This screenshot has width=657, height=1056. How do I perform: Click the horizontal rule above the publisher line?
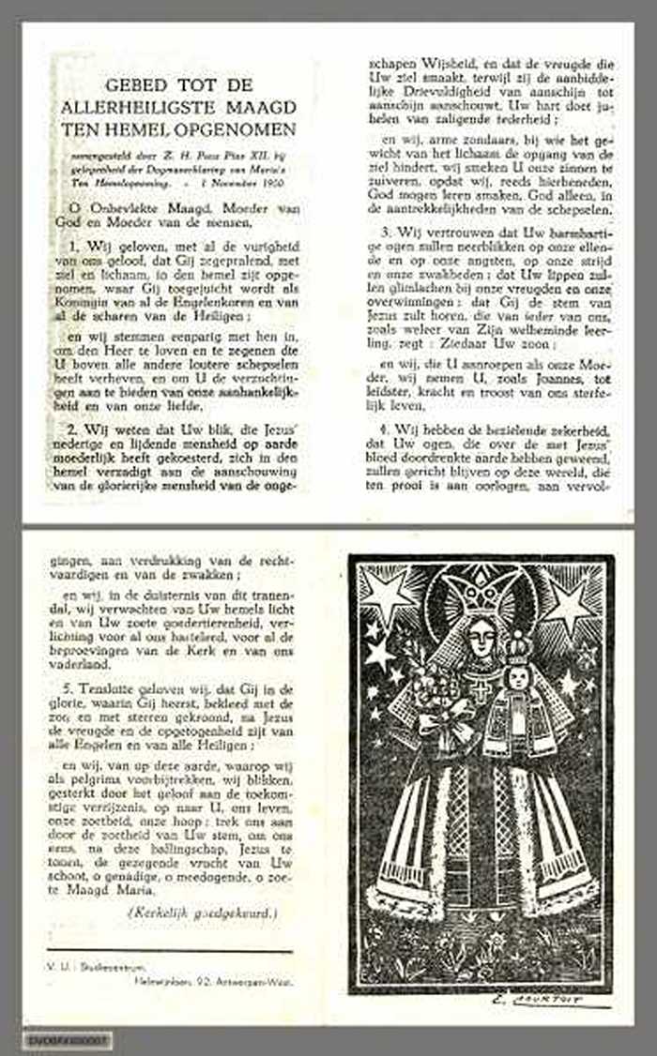coord(169,952)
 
